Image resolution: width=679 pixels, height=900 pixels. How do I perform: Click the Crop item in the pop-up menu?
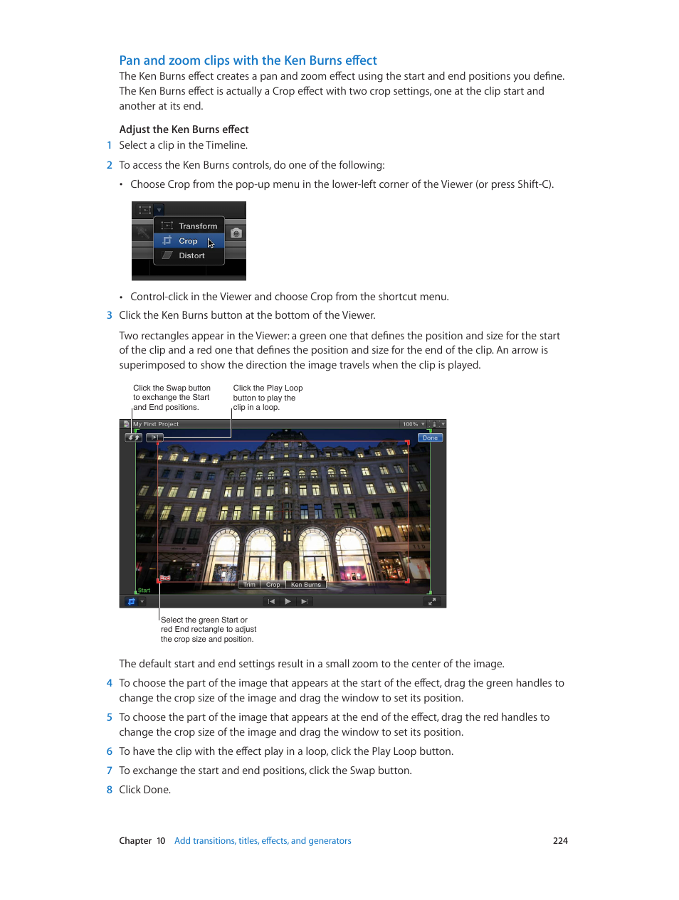(188, 241)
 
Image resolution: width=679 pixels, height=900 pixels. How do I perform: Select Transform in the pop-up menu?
(197, 226)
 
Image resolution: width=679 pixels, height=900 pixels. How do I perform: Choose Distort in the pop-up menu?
(191, 255)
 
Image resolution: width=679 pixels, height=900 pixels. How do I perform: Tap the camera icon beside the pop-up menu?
(236, 233)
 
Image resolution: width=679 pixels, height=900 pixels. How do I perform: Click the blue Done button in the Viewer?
(430, 438)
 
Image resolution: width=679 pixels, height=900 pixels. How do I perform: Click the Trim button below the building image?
(249, 585)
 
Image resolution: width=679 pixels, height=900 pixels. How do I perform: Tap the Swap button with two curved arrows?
(133, 438)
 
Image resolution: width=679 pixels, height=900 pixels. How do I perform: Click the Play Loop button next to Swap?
(154, 438)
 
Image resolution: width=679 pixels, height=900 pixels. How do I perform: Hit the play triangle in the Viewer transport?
(288, 602)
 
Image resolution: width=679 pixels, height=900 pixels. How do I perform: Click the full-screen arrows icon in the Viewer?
(431, 602)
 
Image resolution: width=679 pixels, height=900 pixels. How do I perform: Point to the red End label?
(165, 578)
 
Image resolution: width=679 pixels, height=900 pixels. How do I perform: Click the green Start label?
(144, 591)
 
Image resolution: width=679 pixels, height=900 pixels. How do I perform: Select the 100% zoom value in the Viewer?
(410, 425)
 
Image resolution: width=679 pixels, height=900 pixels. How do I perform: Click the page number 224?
(560, 841)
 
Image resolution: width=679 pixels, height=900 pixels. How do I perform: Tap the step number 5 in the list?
(110, 717)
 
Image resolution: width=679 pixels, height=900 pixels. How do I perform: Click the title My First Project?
(156, 425)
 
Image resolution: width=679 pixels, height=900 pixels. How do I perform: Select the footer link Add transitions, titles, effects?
(263, 841)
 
